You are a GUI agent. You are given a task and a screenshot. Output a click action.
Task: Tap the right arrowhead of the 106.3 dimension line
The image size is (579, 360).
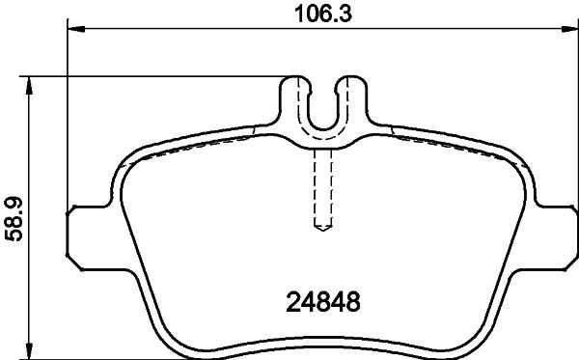tap(570, 30)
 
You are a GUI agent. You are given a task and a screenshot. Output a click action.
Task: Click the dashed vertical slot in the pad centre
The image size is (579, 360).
tap(323, 188)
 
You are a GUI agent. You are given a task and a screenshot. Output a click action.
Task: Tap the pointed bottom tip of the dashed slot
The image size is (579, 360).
tap(323, 231)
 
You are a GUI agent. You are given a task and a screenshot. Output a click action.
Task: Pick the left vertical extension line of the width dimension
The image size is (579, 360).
tap(69, 116)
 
